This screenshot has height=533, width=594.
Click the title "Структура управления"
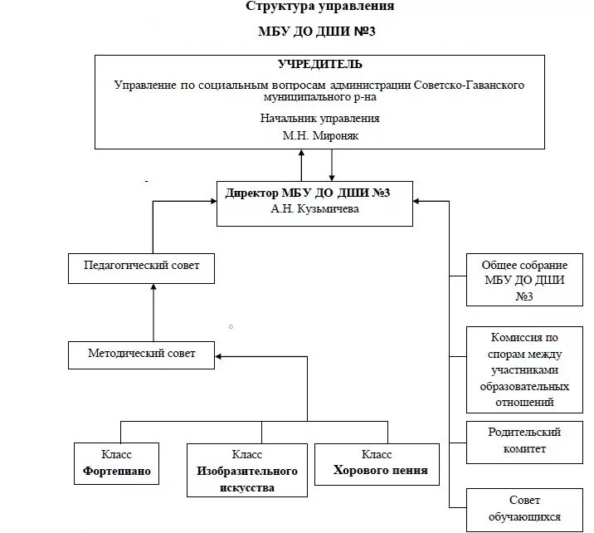coord(320,7)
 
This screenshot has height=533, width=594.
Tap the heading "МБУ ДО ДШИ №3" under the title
coord(320,32)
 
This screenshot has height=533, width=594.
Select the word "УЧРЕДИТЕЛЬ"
coord(319,65)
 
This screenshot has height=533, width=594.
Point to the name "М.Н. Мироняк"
coord(320,134)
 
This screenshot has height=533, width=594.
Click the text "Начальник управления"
coord(320,119)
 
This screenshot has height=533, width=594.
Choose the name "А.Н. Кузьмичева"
coord(315,209)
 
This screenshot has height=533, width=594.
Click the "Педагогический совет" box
coord(142,267)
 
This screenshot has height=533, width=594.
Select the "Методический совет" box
coord(142,354)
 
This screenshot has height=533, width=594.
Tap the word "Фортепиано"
coord(117,470)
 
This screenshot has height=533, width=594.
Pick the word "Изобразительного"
coord(247,471)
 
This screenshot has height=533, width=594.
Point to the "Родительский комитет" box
coord(523,441)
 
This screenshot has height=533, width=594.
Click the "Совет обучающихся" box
coord(523,508)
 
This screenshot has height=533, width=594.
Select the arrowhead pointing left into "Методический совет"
coord(220,357)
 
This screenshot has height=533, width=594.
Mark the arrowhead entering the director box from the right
coord(418,200)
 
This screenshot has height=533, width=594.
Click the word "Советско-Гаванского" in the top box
coord(470,85)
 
